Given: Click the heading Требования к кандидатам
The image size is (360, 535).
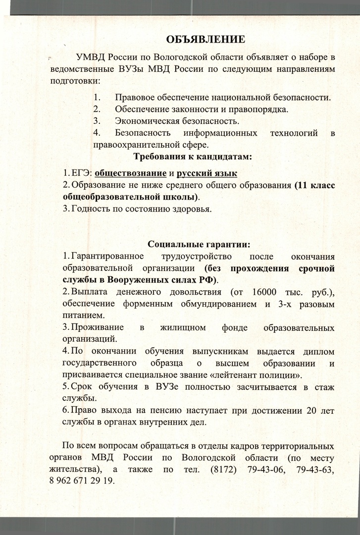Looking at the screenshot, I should click(193, 157).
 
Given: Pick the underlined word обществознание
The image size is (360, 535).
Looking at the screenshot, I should click(130, 173).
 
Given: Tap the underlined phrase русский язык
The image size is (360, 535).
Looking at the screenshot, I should click(207, 173).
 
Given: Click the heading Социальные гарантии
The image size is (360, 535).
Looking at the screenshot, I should click(199, 244).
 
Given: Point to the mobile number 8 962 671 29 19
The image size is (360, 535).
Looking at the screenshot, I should click(89, 481).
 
